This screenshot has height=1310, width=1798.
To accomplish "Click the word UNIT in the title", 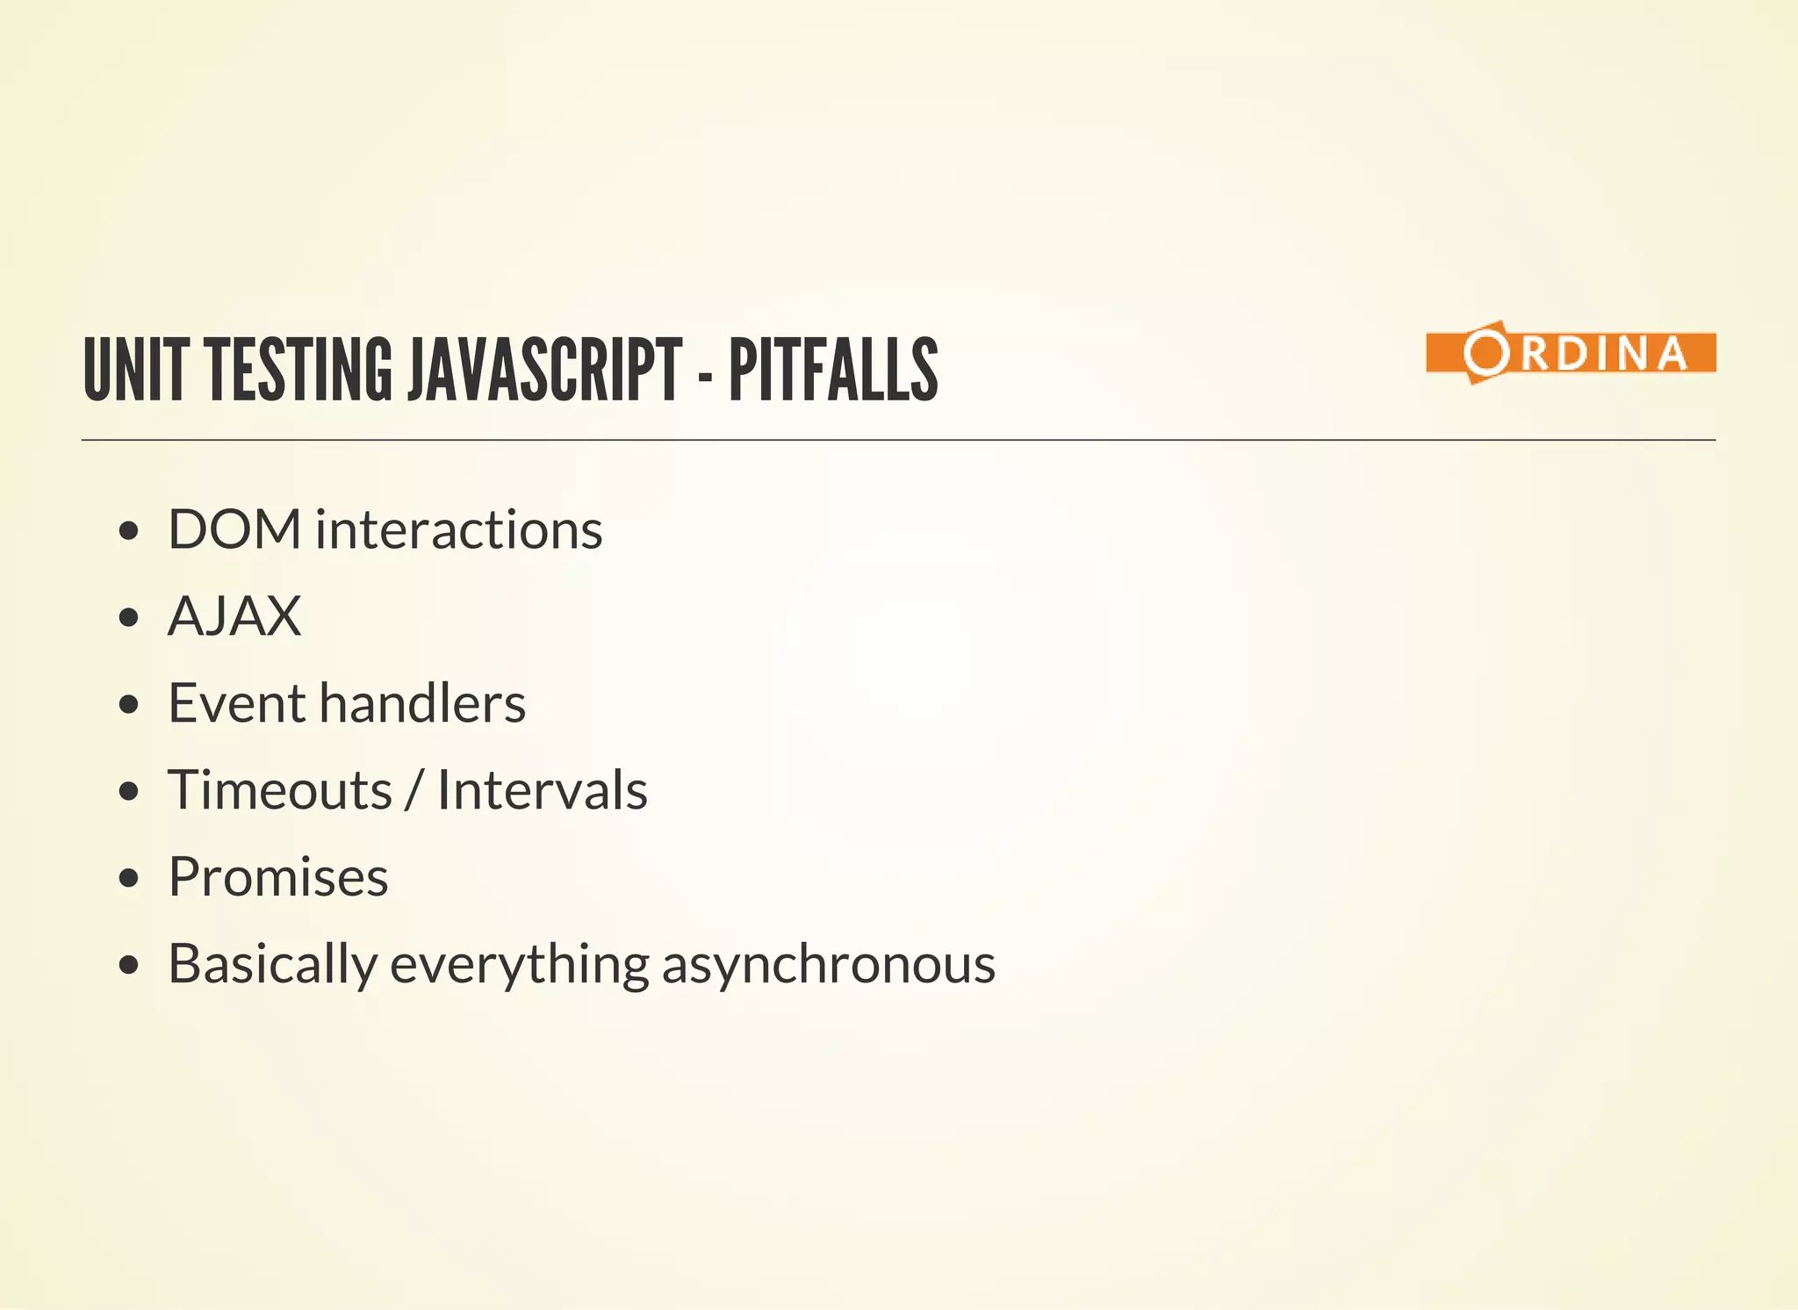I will (x=135, y=370).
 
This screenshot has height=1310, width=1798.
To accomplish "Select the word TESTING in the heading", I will (x=299, y=370).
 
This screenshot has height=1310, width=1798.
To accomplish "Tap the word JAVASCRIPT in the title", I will (x=544, y=370).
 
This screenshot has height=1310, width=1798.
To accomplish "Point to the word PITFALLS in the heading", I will (x=833, y=370).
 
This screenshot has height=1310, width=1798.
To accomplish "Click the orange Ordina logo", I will (x=1571, y=353).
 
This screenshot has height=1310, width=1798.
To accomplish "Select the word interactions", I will (x=458, y=529).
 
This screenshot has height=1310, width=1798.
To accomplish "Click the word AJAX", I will (x=234, y=616).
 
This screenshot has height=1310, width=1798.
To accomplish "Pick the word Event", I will (x=236, y=703).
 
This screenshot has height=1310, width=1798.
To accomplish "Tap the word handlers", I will (x=422, y=703).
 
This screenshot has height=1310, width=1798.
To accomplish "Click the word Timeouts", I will (x=280, y=790).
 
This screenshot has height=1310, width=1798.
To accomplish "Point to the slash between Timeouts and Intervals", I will (x=414, y=790).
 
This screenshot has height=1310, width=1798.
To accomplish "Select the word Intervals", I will (x=542, y=790).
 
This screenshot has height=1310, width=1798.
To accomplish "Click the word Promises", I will (x=278, y=877).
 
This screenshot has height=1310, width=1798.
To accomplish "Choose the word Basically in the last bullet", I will (x=272, y=964).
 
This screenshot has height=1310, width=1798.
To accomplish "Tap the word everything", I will (x=519, y=964).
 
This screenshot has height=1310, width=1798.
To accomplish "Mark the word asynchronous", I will (x=828, y=964).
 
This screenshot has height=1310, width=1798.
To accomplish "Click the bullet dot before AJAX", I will (x=129, y=617).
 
